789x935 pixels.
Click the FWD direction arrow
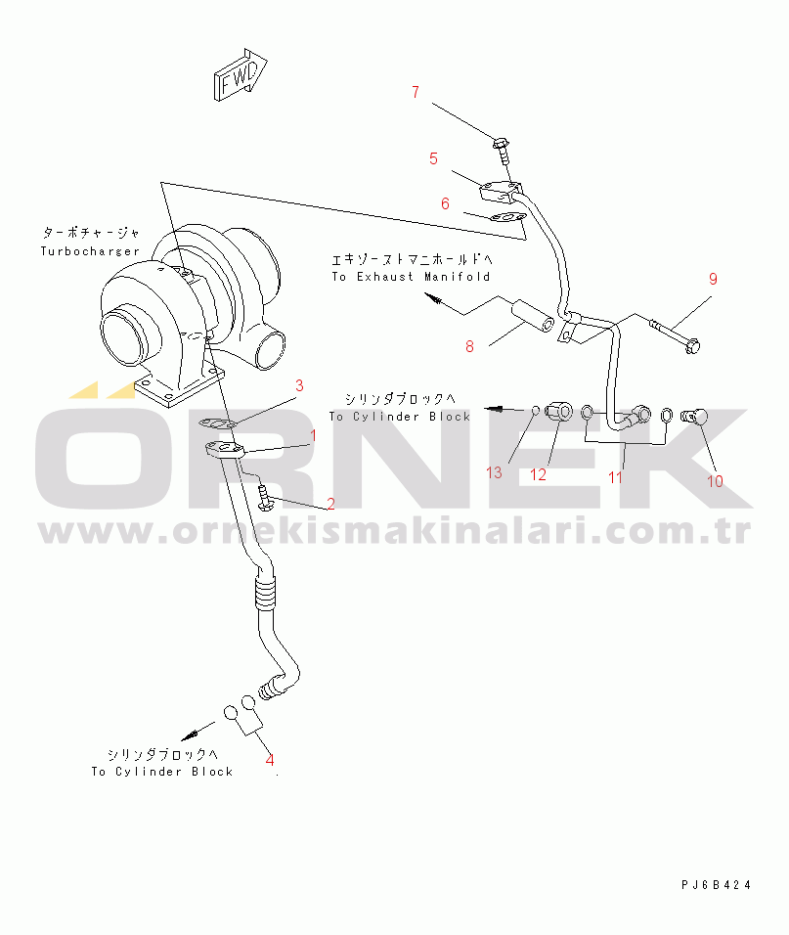pos(241,75)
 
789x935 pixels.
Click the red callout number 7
pos(416,93)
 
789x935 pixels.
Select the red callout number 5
pos(434,158)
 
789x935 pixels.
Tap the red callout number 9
pos(713,279)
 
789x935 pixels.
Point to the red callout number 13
pos(494,472)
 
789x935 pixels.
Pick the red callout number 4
pos(270,760)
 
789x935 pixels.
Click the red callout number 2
pos(330,504)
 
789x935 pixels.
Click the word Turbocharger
pos(90,251)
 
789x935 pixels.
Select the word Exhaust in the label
pos(385,277)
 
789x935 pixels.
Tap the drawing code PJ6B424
pos(717,885)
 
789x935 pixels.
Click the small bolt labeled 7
pos(502,150)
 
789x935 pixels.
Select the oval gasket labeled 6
pos(508,218)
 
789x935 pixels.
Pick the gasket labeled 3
pos(217,423)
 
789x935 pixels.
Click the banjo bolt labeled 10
pos(694,416)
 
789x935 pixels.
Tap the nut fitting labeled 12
pos(559,411)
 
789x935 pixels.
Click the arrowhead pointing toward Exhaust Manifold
pos(431,298)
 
